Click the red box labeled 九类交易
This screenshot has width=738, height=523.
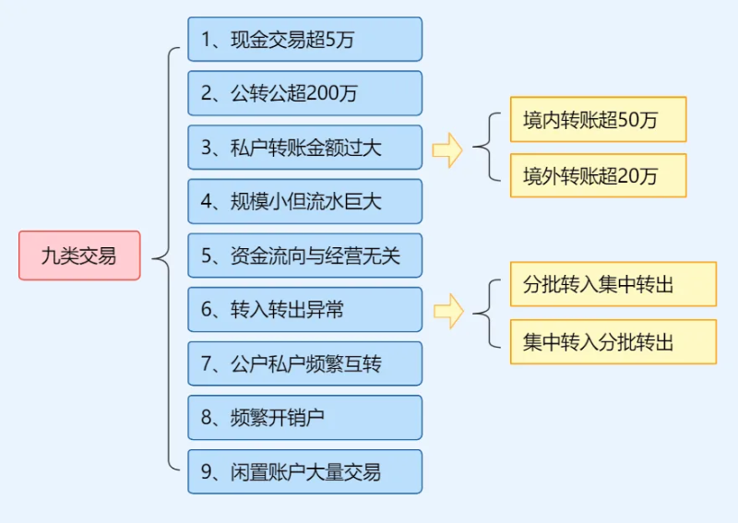coord(79,256)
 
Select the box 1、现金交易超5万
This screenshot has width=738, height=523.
coord(304,39)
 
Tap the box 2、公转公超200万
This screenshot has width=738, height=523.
coord(304,93)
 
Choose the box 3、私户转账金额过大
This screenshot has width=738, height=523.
coord(304,148)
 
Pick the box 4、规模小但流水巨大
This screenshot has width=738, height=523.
coord(304,201)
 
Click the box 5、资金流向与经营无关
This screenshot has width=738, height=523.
coord(304,256)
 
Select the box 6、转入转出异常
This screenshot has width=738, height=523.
coord(304,310)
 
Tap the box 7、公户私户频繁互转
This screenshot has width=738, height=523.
coord(304,363)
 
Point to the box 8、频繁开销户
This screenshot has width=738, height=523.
coord(304,418)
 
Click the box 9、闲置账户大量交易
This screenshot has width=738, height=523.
coord(304,472)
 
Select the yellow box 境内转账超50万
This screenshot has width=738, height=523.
coord(598,120)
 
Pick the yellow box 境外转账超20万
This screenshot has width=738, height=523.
coord(598,175)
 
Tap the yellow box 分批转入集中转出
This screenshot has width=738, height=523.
coord(613,284)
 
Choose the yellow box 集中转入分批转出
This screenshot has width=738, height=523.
coord(613,342)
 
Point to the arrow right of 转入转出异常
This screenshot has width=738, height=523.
coord(447,311)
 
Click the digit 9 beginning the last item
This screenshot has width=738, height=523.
coord(206,472)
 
